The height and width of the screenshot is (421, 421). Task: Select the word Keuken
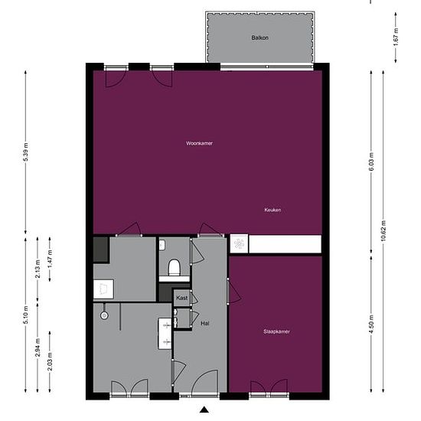(273, 210)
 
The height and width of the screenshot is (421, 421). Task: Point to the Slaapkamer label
(276, 331)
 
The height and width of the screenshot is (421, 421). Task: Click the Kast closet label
(181, 297)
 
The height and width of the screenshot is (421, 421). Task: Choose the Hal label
(204, 324)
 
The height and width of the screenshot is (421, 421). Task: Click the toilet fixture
(174, 266)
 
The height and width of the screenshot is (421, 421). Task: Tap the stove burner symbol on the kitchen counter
(239, 244)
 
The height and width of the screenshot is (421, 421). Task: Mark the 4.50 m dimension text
(372, 322)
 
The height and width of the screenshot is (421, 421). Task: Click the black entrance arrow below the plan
(204, 410)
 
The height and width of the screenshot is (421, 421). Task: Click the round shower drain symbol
(104, 315)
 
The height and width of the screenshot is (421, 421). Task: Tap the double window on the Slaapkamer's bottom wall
(269, 393)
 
